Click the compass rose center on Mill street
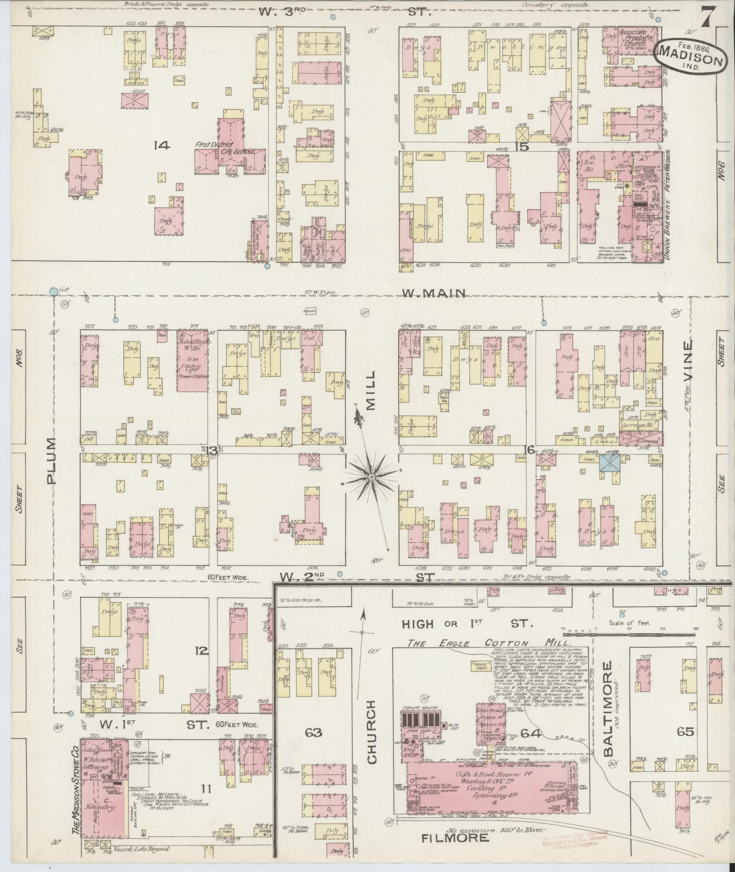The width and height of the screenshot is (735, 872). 371,477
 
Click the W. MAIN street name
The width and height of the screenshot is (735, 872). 433,294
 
